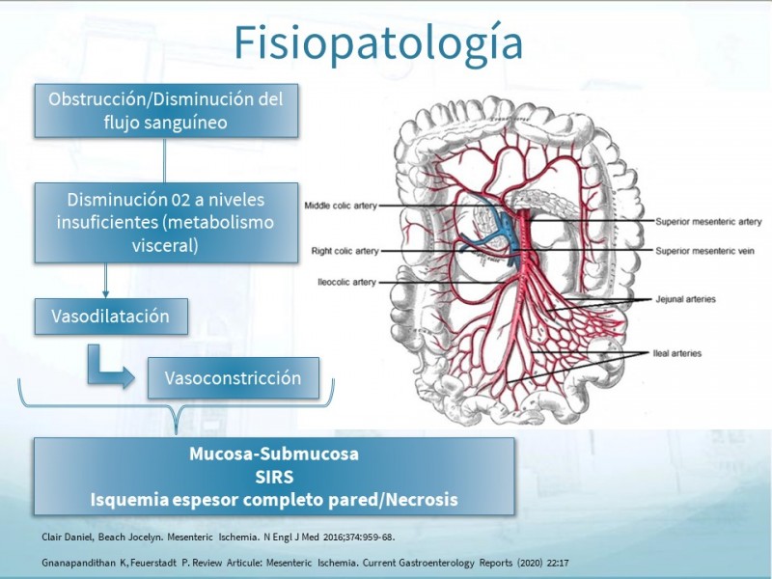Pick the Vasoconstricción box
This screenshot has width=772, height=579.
click(233, 377)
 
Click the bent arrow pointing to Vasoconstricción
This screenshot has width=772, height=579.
click(111, 367)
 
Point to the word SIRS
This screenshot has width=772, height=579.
click(273, 478)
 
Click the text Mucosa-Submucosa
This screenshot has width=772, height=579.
click(273, 455)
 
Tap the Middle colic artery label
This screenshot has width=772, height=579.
click(341, 206)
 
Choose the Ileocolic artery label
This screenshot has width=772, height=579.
click(346, 282)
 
